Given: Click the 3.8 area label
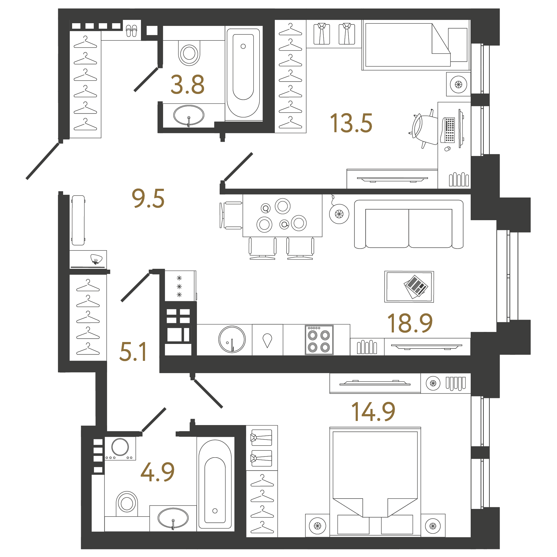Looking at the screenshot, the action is (x=187, y=84).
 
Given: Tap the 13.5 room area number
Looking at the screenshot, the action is (x=351, y=123).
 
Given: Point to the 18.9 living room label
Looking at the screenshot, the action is (x=410, y=323).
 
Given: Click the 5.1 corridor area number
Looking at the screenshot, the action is (x=133, y=352).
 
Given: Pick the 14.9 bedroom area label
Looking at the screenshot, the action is (x=373, y=411).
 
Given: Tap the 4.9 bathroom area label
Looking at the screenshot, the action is (x=157, y=472).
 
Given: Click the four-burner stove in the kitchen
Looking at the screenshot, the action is (x=319, y=340).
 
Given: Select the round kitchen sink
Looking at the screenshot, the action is (x=232, y=339).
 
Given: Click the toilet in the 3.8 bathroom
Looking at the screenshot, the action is (x=189, y=53).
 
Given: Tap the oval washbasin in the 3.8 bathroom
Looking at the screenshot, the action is (x=188, y=115).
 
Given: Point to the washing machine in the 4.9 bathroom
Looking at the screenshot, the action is (x=120, y=448).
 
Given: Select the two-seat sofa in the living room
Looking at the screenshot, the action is (x=408, y=224).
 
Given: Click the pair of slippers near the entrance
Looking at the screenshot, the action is (x=131, y=31).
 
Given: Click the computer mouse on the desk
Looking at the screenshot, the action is (x=447, y=149).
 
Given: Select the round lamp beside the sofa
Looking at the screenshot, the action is (x=339, y=214).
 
